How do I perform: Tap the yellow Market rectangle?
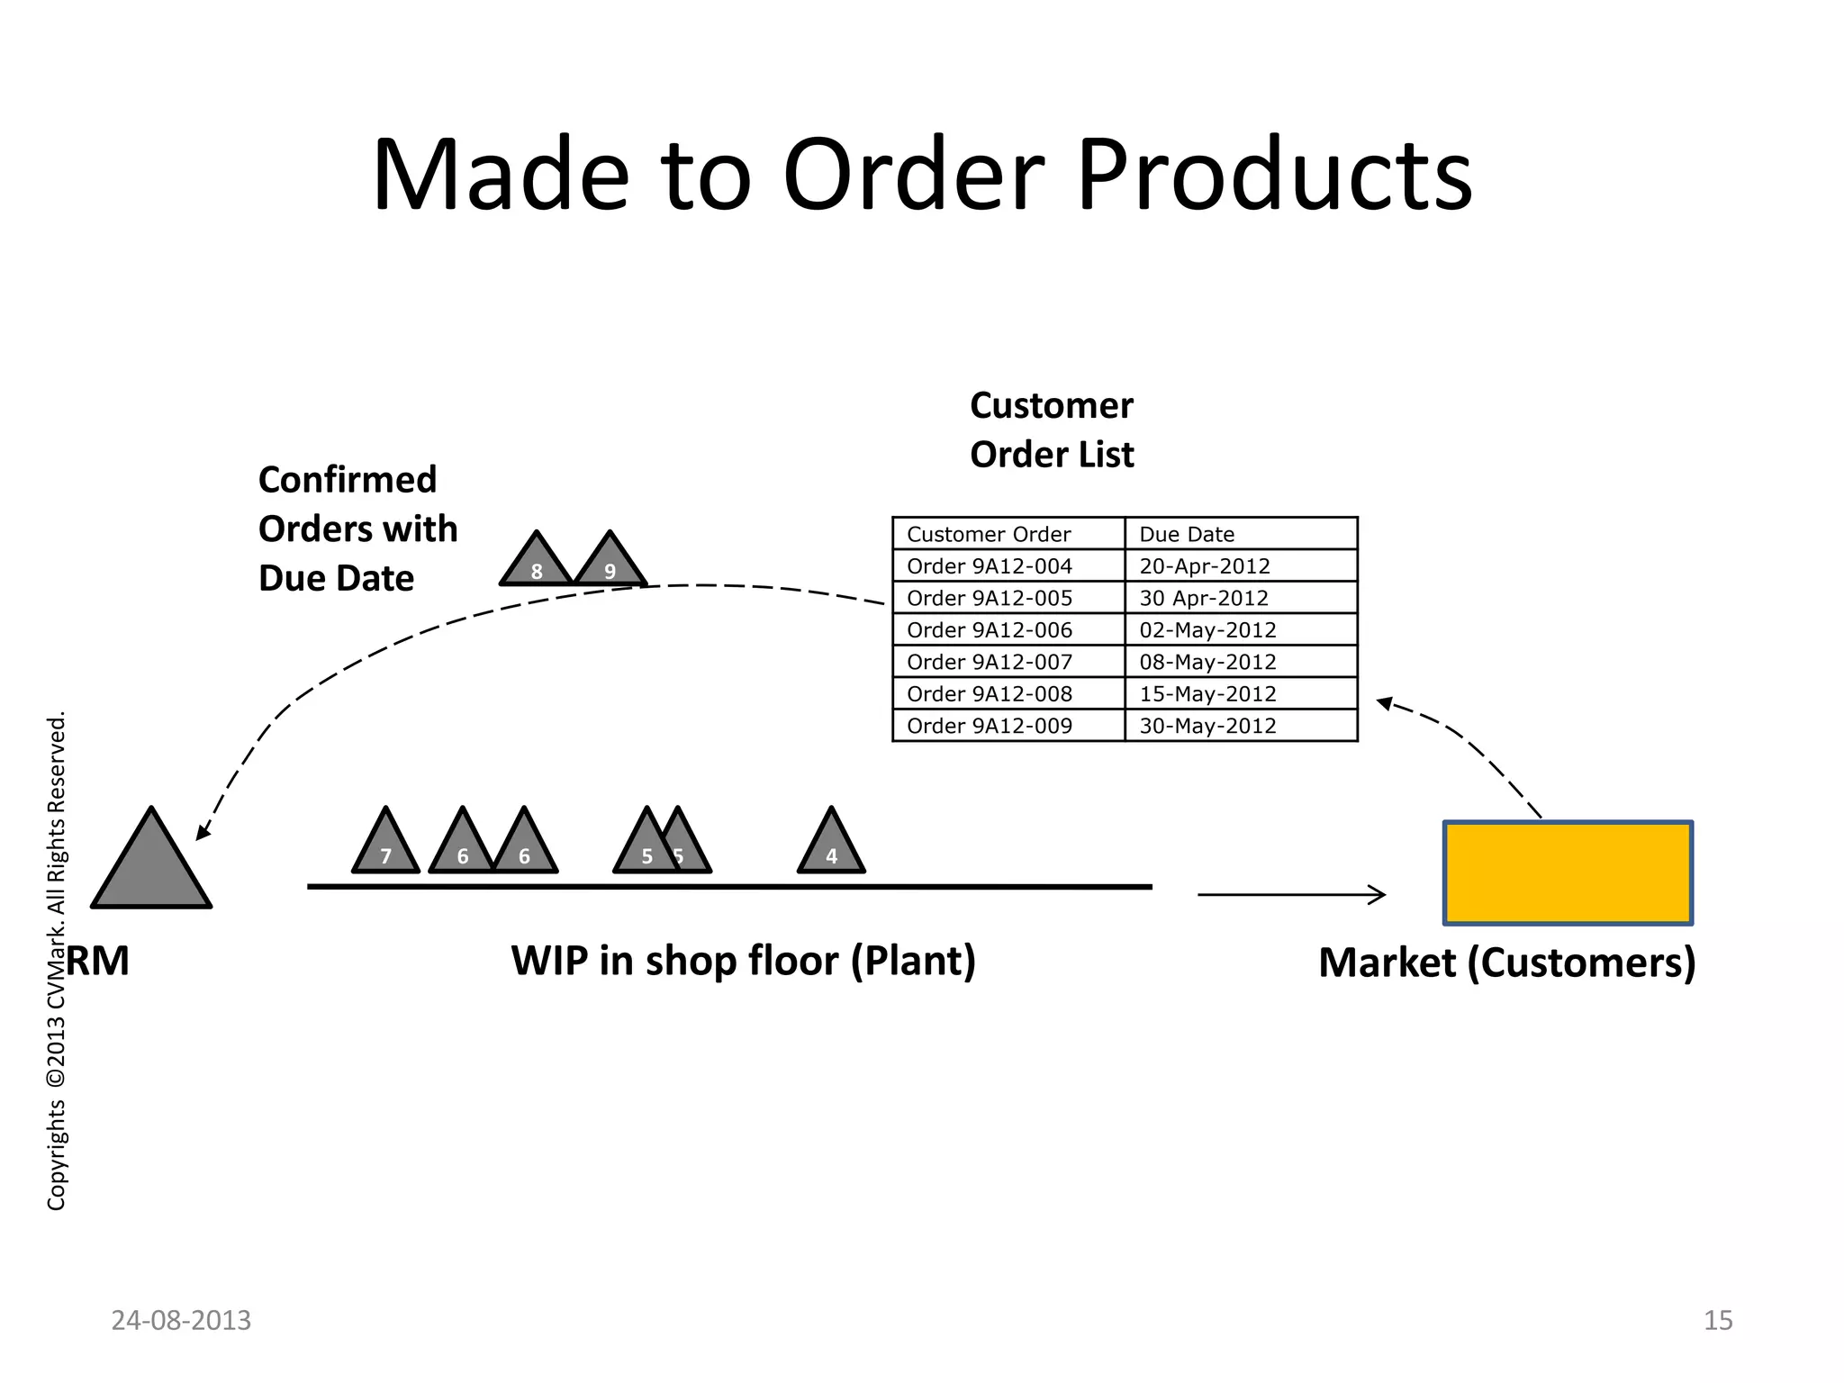tap(1568, 872)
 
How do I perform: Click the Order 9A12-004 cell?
tap(990, 566)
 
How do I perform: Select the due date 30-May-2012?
tap(1207, 726)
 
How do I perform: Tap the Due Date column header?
tap(1187, 534)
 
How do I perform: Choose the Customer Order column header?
tap(989, 534)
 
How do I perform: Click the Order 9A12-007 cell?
tap(990, 662)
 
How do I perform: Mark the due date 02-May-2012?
tap(1207, 630)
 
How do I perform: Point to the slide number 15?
tap(1718, 1320)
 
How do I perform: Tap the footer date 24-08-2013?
tap(181, 1320)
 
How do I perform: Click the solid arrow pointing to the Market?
tap(1291, 895)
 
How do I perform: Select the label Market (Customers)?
tap(1507, 962)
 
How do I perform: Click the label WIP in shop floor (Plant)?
tap(743, 961)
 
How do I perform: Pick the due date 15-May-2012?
tap(1207, 694)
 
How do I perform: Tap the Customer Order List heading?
tap(1052, 430)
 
